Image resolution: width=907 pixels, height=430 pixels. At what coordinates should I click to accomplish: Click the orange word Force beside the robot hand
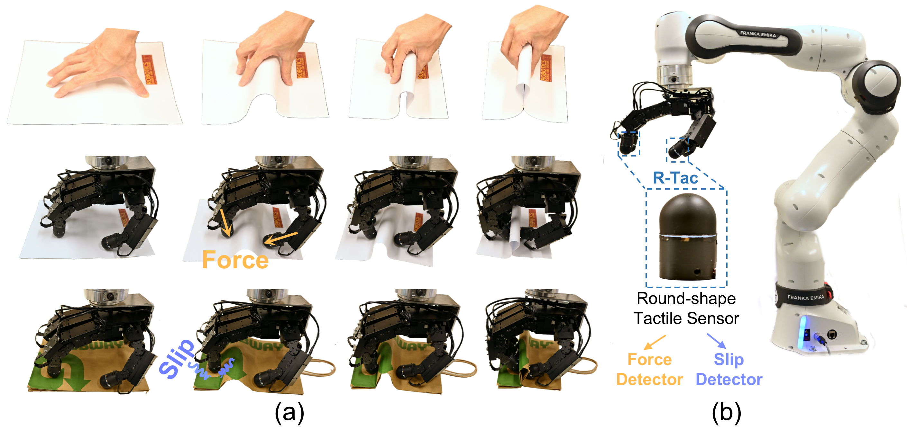pyautogui.click(x=235, y=260)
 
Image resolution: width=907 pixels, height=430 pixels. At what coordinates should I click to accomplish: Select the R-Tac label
pyautogui.click(x=675, y=178)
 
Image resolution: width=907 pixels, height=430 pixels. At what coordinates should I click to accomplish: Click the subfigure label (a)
pyautogui.click(x=289, y=412)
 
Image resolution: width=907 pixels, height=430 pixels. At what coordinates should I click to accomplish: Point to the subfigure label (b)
pyautogui.click(x=726, y=412)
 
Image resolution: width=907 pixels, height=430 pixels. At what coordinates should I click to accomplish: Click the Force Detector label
pyautogui.click(x=650, y=370)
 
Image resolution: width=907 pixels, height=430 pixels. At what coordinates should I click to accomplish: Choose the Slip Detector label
pyautogui.click(x=729, y=370)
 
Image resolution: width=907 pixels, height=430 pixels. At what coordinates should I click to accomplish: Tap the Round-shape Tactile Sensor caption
pyautogui.click(x=686, y=309)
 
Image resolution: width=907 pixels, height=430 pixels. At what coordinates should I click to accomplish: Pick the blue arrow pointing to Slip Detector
pyautogui.click(x=716, y=341)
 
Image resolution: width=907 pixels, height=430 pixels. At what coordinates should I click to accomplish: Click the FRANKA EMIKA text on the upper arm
pyautogui.click(x=758, y=34)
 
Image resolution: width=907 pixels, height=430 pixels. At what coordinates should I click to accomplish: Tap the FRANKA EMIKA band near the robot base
pyautogui.click(x=806, y=298)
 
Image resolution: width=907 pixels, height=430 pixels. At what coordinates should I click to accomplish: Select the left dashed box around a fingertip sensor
pyautogui.click(x=629, y=144)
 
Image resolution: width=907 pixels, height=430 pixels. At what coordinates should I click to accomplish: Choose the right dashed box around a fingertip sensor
pyautogui.click(x=677, y=150)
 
